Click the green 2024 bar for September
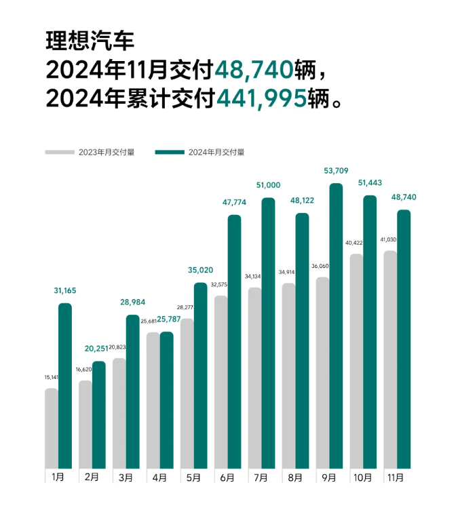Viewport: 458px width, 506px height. (x=336, y=326)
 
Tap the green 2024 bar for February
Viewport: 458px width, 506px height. (x=99, y=414)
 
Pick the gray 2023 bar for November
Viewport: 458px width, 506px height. (x=390, y=359)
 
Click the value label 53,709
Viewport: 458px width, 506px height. (x=337, y=170)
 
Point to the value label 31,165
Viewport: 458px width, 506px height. (x=65, y=290)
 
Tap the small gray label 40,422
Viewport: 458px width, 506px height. (x=357, y=242)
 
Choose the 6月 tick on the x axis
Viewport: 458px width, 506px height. (x=227, y=477)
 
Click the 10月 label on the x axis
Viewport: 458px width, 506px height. (x=363, y=477)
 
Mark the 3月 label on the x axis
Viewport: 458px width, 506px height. (x=126, y=477)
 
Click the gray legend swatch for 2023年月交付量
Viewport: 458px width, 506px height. (x=60, y=152)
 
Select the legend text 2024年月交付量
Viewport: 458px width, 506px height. (x=216, y=152)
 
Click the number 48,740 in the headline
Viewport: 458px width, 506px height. (x=255, y=69)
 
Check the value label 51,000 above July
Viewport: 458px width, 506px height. (x=269, y=184)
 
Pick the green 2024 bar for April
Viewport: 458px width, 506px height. (x=166, y=400)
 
